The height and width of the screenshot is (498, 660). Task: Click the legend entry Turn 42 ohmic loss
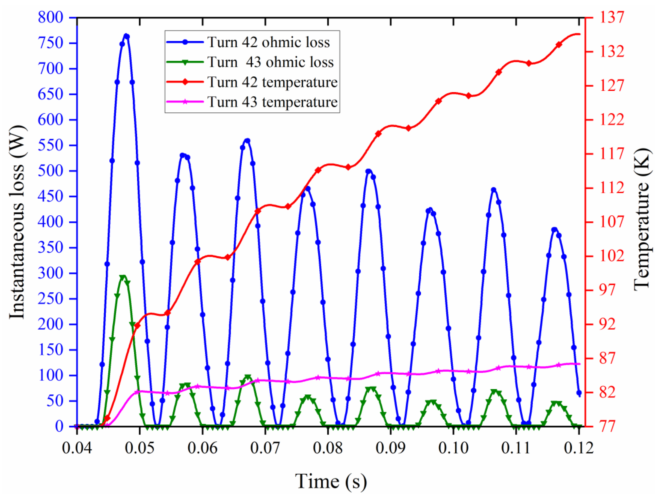pos(268,42)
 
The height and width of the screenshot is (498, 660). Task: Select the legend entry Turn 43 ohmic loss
pos(270,62)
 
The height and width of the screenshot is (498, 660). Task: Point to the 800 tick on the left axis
pos(51,18)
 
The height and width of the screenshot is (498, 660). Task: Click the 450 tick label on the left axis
pos(51,196)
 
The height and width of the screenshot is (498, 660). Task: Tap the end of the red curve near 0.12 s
pos(579,34)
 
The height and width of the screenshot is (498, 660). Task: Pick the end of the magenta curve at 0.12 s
pos(579,364)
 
